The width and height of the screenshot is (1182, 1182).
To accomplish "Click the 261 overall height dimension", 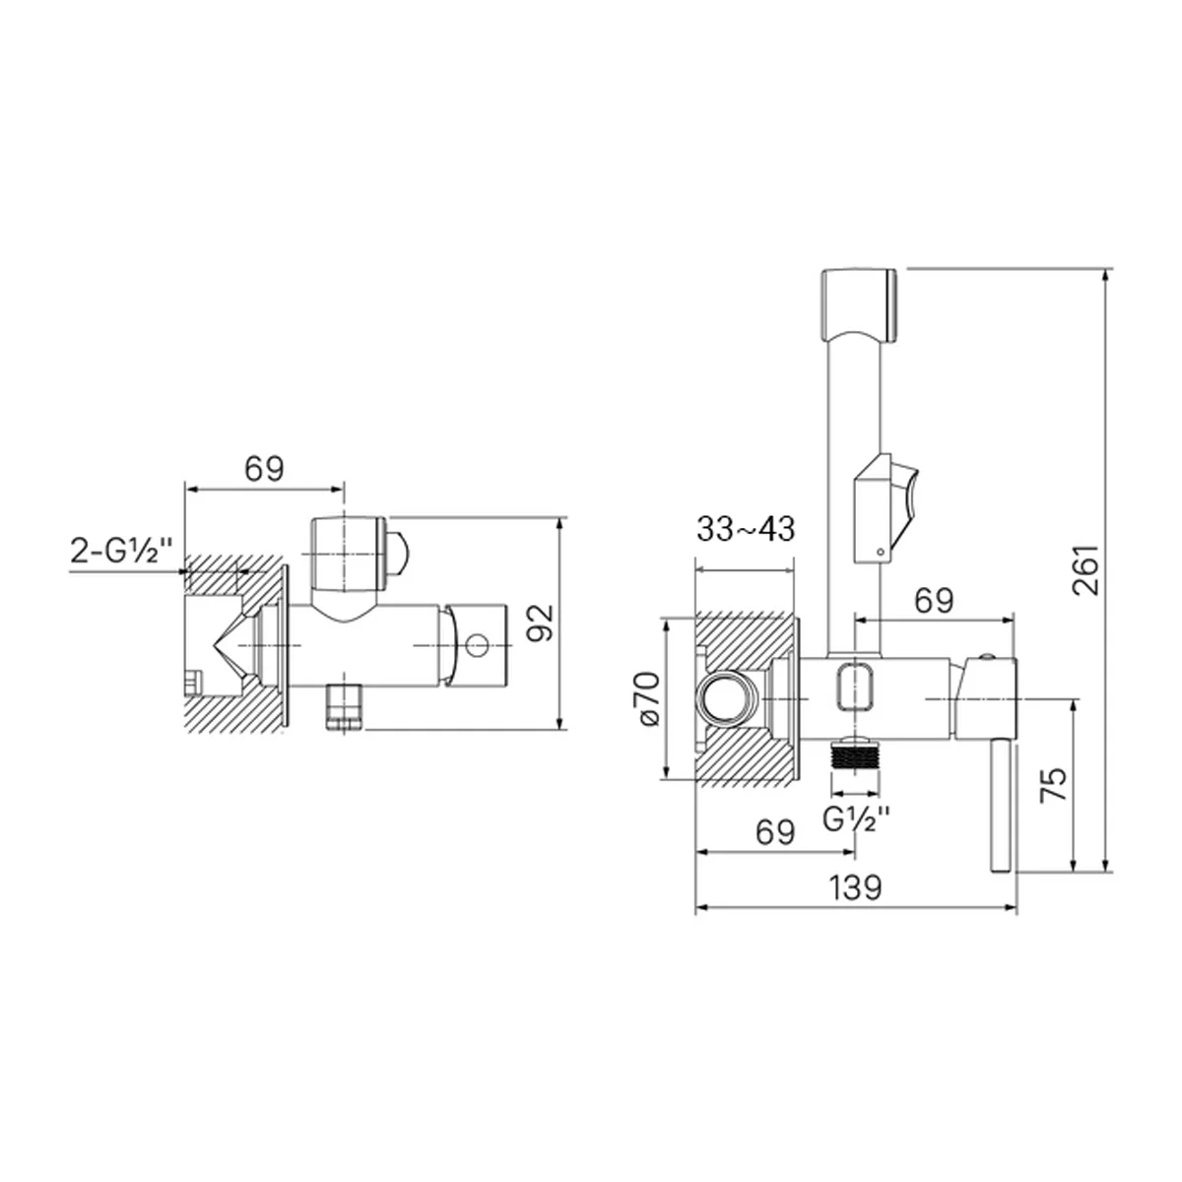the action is pos(1085,569).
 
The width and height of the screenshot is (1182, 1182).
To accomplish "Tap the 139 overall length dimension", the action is pos(855,886).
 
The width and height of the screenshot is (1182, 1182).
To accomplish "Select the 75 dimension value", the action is pos(1054,784).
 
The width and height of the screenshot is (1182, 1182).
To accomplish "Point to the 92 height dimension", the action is pos(541,623).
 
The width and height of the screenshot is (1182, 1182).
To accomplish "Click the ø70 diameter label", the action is pos(648,699).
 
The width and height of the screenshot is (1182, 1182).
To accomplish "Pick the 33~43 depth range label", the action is pos(746,529).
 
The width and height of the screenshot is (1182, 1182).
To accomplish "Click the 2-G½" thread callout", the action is pos(122,551).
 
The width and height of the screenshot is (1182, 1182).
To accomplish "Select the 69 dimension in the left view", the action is pos(264,469).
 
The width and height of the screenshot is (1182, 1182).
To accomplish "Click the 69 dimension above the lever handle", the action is pos(934,601).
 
